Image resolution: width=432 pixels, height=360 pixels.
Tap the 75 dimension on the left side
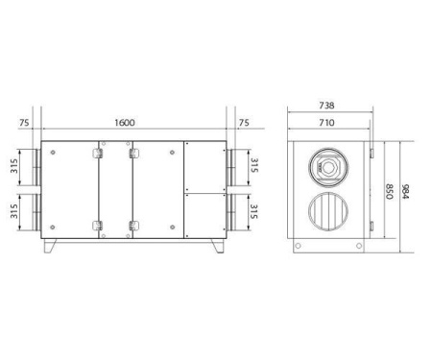point(23,123)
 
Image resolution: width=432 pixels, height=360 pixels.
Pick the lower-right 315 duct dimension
point(254,210)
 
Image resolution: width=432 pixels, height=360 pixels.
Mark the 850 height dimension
point(389,192)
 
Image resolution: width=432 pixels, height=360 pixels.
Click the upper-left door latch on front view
point(98,152)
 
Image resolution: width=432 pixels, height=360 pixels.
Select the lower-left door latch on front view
point(98,227)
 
